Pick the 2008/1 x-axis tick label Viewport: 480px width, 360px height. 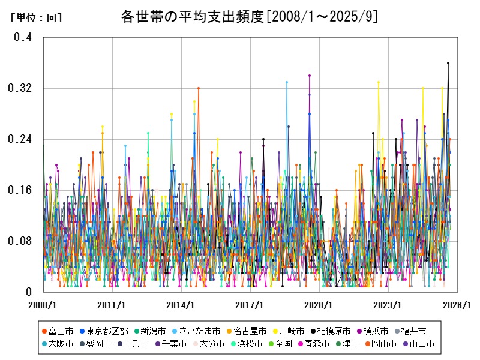tap(43, 305)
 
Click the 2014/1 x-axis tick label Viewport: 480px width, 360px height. tap(181, 305)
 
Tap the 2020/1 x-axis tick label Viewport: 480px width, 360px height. tap(319, 305)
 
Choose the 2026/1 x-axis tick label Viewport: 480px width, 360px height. tap(457, 305)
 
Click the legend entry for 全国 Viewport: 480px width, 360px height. tap(283, 344)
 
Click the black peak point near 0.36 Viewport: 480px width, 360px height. tap(448, 63)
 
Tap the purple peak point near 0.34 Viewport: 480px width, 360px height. tap(310, 76)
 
